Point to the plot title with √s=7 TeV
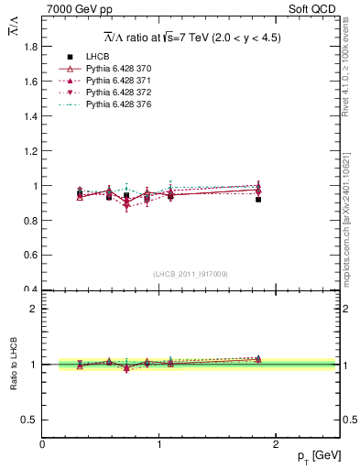click(x=191, y=38)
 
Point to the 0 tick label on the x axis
click(x=42, y=443)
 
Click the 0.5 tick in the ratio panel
click(x=27, y=420)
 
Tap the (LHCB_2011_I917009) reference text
click(x=191, y=274)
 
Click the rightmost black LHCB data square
click(x=258, y=199)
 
